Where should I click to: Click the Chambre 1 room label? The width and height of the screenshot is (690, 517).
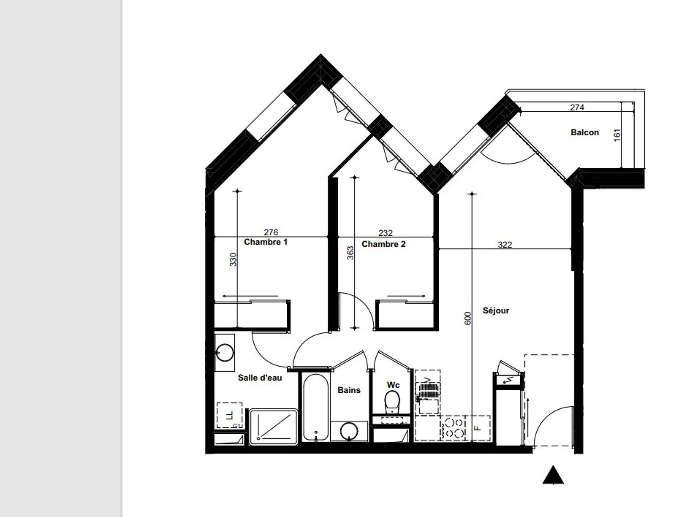266,242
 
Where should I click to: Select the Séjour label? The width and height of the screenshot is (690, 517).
496,311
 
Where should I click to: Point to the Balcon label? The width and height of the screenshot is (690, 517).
584,132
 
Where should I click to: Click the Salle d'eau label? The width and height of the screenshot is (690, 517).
260,378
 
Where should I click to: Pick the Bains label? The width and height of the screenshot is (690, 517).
349,390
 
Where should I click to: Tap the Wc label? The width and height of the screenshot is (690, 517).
393,385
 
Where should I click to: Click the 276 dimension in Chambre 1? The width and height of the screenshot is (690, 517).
271,232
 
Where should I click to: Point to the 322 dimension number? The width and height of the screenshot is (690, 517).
505,245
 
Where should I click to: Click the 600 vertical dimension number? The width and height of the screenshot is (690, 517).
467,318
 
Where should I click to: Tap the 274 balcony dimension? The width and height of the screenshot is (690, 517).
577,107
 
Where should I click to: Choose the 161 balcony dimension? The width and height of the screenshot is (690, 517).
617,135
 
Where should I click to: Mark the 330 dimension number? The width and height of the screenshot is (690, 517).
233,259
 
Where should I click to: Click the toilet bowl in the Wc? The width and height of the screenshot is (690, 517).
392,402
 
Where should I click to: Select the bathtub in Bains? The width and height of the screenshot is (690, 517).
315,408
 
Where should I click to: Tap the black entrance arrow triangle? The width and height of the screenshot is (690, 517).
553,475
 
